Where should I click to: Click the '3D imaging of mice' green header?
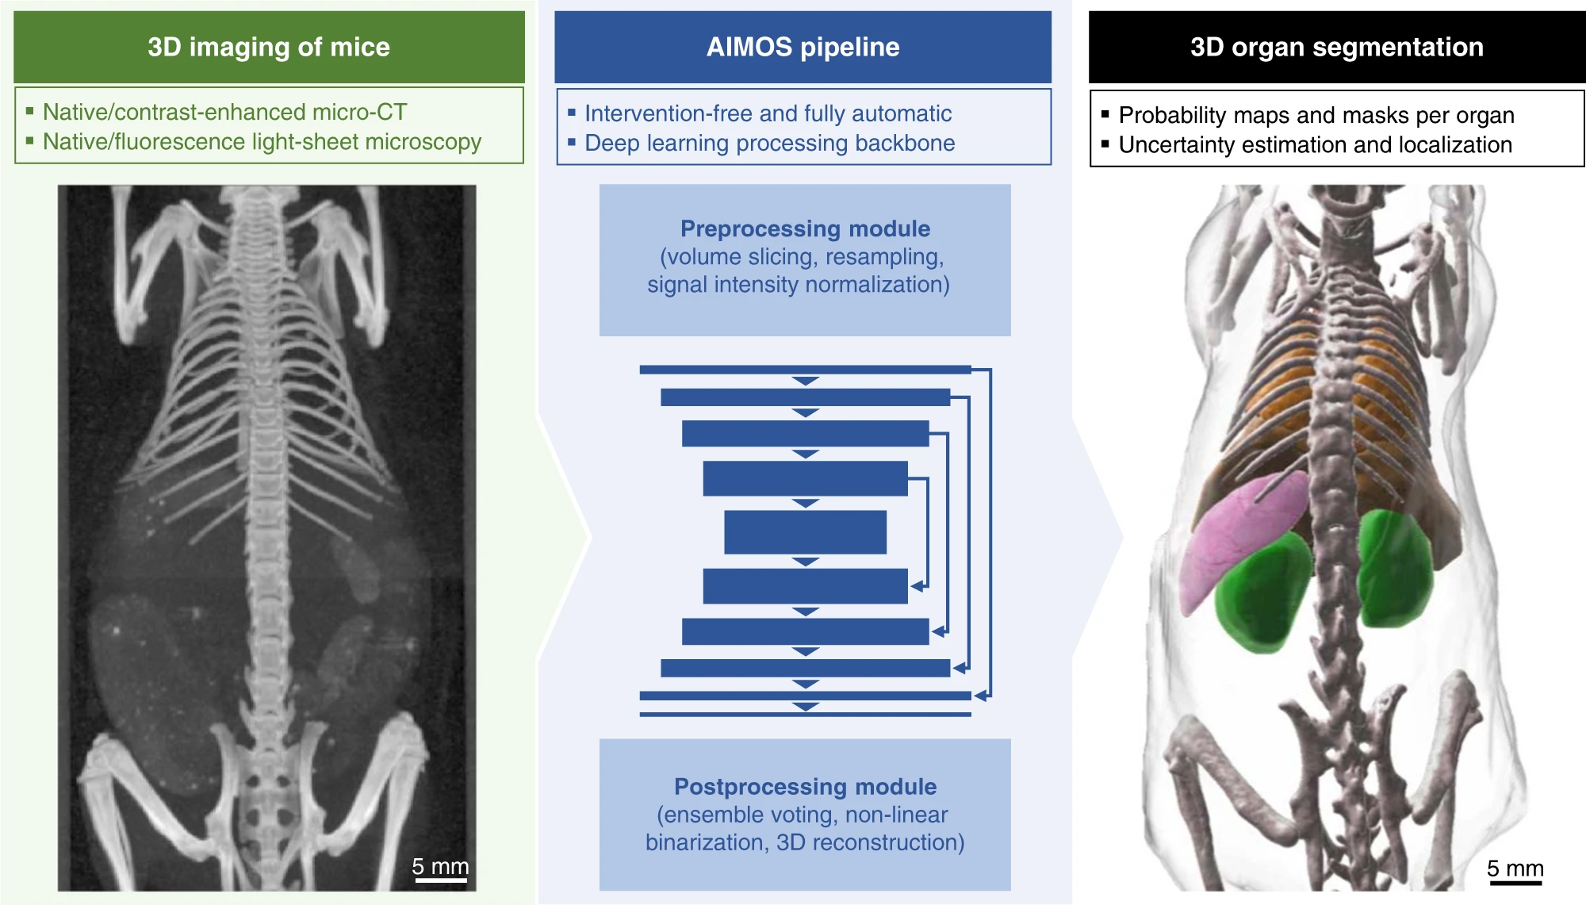269,47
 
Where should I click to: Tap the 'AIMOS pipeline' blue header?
803,47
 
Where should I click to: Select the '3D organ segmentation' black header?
1337,47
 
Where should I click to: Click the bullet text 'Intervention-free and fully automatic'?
768,113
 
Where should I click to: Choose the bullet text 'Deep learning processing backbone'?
769,143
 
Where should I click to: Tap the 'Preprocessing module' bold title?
805,228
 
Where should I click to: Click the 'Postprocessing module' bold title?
805,786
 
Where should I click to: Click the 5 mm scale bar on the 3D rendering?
1515,882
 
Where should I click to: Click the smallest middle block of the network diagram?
805,531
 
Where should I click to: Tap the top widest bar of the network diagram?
805,370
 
